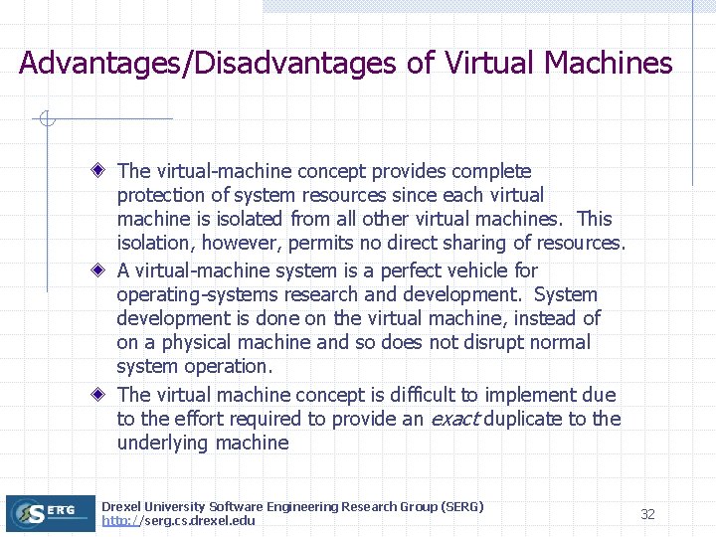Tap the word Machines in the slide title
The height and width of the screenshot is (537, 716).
point(609,64)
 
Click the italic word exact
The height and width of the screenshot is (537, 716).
point(455,419)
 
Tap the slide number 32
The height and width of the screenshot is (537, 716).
point(647,514)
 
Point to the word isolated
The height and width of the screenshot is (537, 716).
point(252,219)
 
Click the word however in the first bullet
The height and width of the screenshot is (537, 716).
point(250,243)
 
